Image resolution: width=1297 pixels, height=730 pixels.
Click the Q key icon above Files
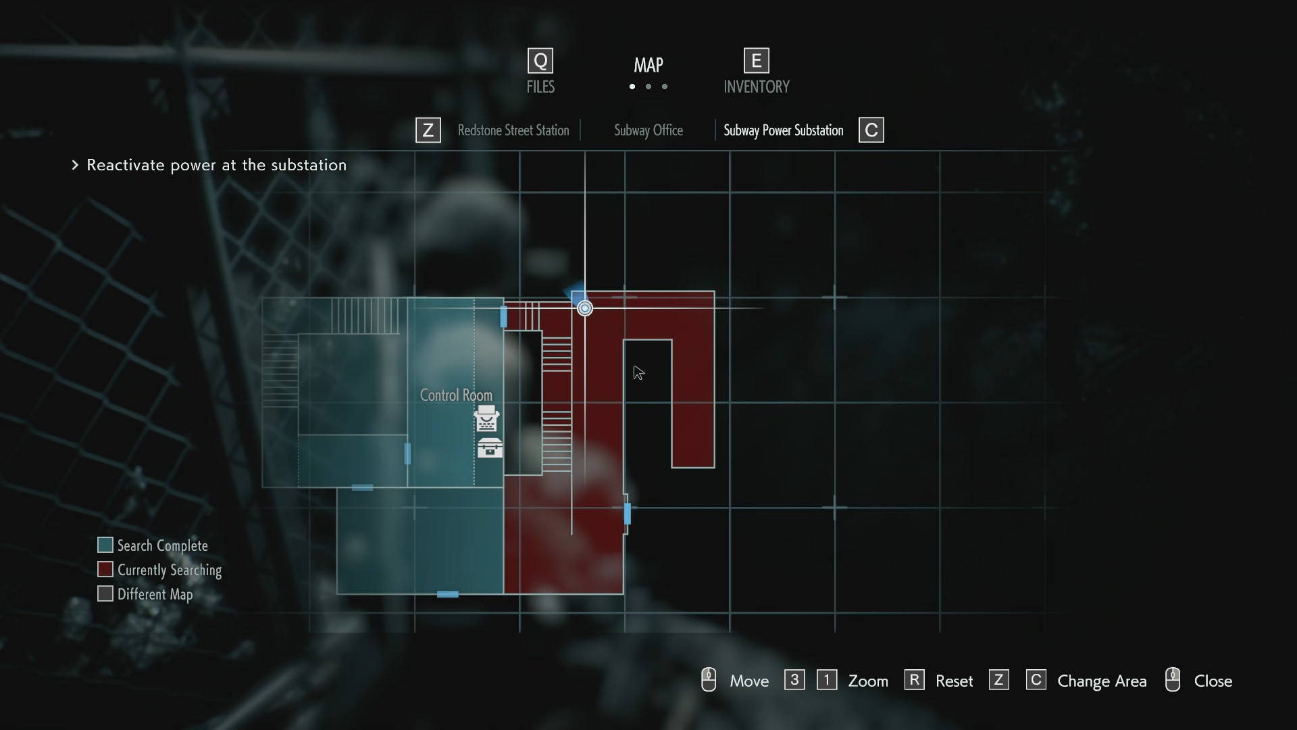pos(540,61)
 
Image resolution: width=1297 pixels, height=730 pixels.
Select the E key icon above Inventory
pos(756,61)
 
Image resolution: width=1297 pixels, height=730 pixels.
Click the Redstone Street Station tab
pos(513,130)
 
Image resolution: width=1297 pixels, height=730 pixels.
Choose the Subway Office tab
pos(648,130)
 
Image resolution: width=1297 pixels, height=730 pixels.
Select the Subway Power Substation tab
pos(783,130)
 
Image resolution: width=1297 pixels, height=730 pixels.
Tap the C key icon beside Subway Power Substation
pos(871,130)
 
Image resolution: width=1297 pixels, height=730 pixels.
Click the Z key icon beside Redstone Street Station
pos(428,130)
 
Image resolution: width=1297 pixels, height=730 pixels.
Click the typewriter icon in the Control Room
pos(486,419)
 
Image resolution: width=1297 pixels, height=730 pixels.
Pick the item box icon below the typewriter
pos(490,448)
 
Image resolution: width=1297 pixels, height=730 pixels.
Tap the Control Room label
pos(456,395)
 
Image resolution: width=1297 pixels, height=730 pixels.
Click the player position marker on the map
pos(585,308)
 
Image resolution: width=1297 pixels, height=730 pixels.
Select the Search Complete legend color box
pos(105,545)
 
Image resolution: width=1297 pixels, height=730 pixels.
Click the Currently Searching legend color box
pos(105,569)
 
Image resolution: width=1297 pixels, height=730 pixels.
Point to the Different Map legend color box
pos(105,593)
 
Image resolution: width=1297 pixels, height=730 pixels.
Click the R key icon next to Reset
pos(914,679)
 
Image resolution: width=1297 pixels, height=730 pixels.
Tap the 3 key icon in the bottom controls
pos(794,679)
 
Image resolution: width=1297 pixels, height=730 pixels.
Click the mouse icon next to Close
pos(1173,680)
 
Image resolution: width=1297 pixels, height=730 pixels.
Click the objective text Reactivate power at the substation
pos(216,165)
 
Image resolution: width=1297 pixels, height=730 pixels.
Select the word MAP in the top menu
pos(648,65)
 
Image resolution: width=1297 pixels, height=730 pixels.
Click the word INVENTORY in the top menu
pos(756,87)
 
